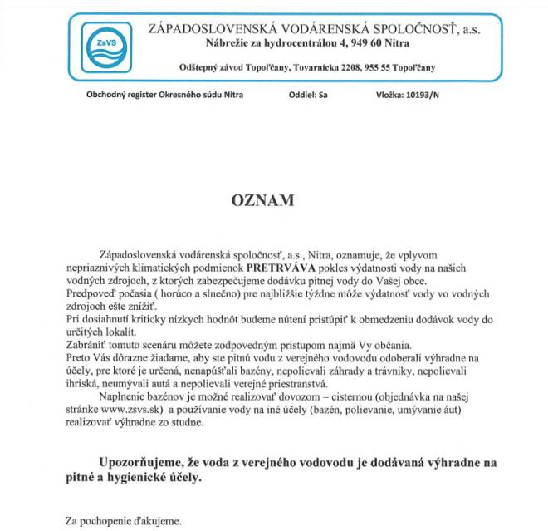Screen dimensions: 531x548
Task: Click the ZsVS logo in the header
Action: (104, 47)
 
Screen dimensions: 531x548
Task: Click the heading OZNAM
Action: (262, 200)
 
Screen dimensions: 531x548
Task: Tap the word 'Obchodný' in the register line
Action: (106, 96)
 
